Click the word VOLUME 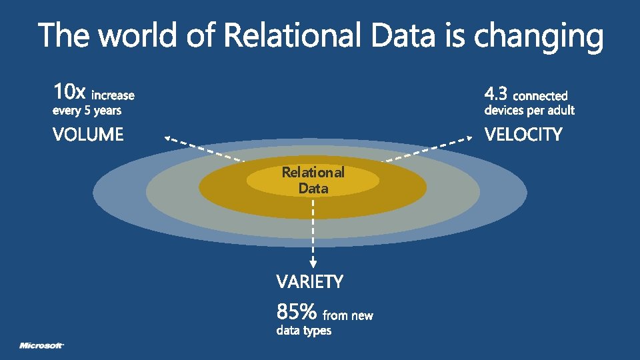point(88,135)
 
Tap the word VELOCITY point(523,135)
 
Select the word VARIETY point(310,282)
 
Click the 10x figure point(69,91)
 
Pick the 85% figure point(296,311)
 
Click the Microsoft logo point(41,345)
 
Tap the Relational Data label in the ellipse point(313,180)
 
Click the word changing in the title point(538,36)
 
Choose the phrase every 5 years point(87,111)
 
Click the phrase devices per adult point(529,111)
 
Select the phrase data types point(303,331)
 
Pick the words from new point(348,315)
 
